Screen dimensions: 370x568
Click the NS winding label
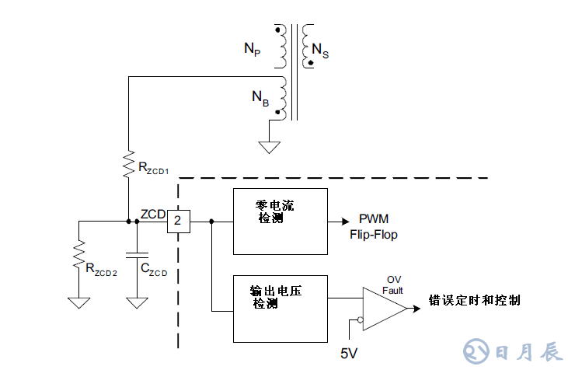319,51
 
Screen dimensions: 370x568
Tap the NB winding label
259,98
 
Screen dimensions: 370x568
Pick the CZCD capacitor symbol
137,253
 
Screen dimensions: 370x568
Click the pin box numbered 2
179,222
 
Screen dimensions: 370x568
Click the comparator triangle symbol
382,309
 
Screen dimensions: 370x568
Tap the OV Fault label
393,284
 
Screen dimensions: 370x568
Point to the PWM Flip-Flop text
378,228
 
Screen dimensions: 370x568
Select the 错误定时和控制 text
474,300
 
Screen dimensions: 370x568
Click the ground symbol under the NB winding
270,145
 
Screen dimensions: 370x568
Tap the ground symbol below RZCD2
78,302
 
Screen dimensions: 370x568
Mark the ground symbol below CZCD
137,302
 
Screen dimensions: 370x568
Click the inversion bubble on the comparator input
359,319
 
